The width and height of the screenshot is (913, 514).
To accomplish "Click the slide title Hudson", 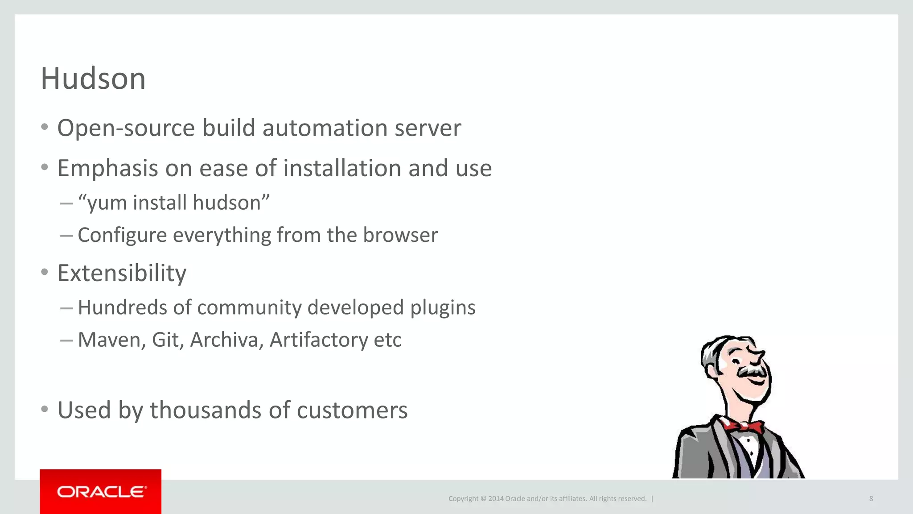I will (x=93, y=79).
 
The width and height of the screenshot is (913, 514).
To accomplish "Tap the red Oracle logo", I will (x=101, y=492).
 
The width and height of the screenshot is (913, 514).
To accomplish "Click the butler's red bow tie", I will (x=742, y=426).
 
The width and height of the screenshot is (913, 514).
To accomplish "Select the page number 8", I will (x=871, y=498).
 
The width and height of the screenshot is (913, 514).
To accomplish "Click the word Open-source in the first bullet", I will (x=126, y=128).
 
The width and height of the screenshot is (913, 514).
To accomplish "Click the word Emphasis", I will (x=108, y=169).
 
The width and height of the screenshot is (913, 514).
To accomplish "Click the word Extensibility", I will (x=122, y=273).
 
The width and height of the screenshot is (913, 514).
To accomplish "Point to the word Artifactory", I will (x=319, y=340).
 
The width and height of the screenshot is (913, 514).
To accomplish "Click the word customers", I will (x=352, y=410).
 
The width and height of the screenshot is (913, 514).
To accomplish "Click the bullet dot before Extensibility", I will (x=44, y=272).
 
